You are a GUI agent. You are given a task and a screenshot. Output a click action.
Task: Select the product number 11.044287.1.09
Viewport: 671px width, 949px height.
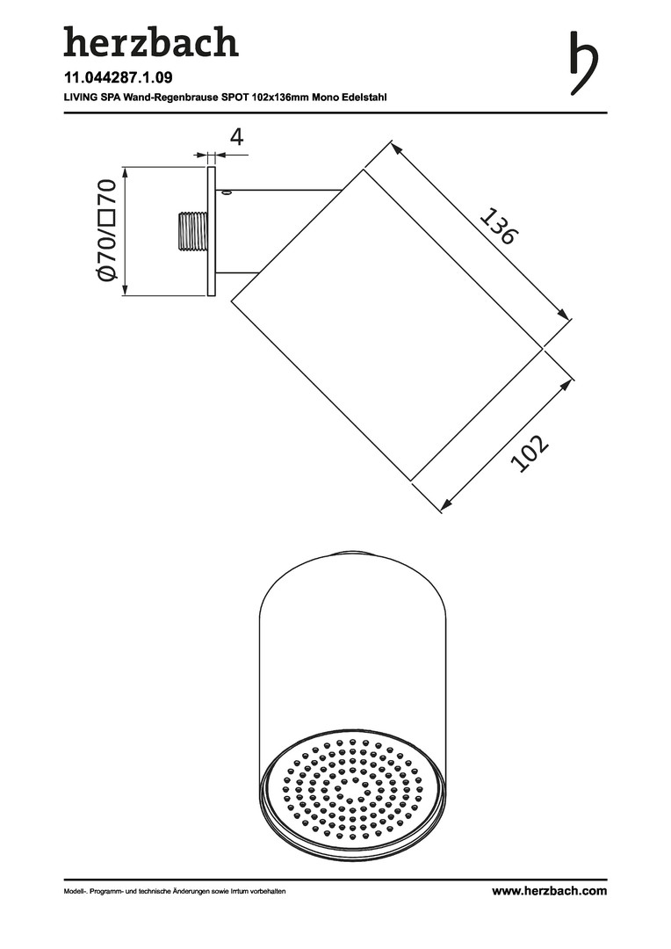click(110, 77)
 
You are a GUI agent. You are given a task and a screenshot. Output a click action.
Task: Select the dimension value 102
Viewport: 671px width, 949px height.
click(529, 453)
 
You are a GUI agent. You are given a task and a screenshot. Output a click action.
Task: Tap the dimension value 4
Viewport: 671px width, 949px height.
click(236, 137)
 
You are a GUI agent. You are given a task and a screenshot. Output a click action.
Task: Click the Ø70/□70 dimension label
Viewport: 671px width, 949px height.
click(106, 230)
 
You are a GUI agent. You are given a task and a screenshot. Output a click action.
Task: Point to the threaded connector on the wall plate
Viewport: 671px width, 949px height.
click(193, 231)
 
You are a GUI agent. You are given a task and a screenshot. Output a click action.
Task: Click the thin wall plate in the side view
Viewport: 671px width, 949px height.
click(211, 232)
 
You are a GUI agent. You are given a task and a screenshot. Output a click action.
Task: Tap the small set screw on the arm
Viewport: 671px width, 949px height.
click(226, 193)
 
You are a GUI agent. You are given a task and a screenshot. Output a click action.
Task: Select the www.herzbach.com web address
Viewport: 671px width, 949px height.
click(549, 890)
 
